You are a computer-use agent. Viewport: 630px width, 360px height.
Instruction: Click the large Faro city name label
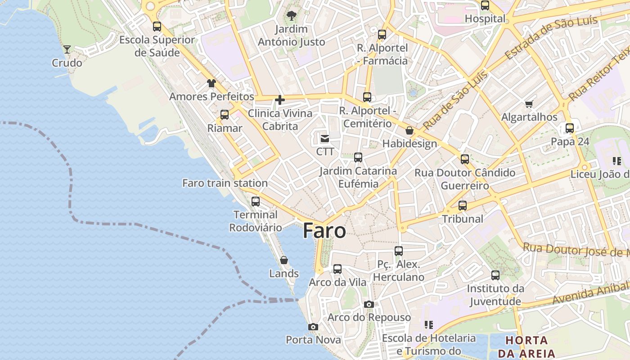[324, 231]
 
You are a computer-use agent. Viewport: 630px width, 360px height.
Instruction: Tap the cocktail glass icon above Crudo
[67, 49]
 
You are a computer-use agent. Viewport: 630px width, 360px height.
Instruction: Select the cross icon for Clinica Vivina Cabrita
[280, 100]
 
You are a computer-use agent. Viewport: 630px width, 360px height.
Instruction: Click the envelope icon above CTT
[325, 139]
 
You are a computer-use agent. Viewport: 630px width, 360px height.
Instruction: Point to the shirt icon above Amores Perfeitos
[211, 83]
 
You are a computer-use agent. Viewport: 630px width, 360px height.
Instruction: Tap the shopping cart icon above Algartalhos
[529, 104]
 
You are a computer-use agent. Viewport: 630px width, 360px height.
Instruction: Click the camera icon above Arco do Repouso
[369, 305]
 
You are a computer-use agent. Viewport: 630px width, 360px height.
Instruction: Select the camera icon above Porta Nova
[313, 327]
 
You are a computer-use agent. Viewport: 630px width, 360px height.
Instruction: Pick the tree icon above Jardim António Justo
[292, 16]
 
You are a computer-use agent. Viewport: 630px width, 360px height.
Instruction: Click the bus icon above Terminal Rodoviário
[256, 201]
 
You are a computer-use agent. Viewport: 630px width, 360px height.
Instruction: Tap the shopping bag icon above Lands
[284, 260]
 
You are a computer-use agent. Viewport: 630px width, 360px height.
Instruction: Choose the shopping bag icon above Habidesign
[409, 130]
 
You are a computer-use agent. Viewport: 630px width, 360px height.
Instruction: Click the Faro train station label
[225, 183]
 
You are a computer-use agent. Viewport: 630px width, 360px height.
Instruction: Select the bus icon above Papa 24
[570, 128]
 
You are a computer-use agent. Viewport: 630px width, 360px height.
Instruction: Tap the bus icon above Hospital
[485, 6]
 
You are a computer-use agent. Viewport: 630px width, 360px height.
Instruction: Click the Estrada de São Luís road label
[551, 38]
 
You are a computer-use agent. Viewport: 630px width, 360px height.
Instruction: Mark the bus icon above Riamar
[225, 115]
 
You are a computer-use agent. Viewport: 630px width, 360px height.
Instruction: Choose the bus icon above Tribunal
[463, 206]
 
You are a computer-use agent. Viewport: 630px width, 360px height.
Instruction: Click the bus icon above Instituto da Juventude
[495, 275]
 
